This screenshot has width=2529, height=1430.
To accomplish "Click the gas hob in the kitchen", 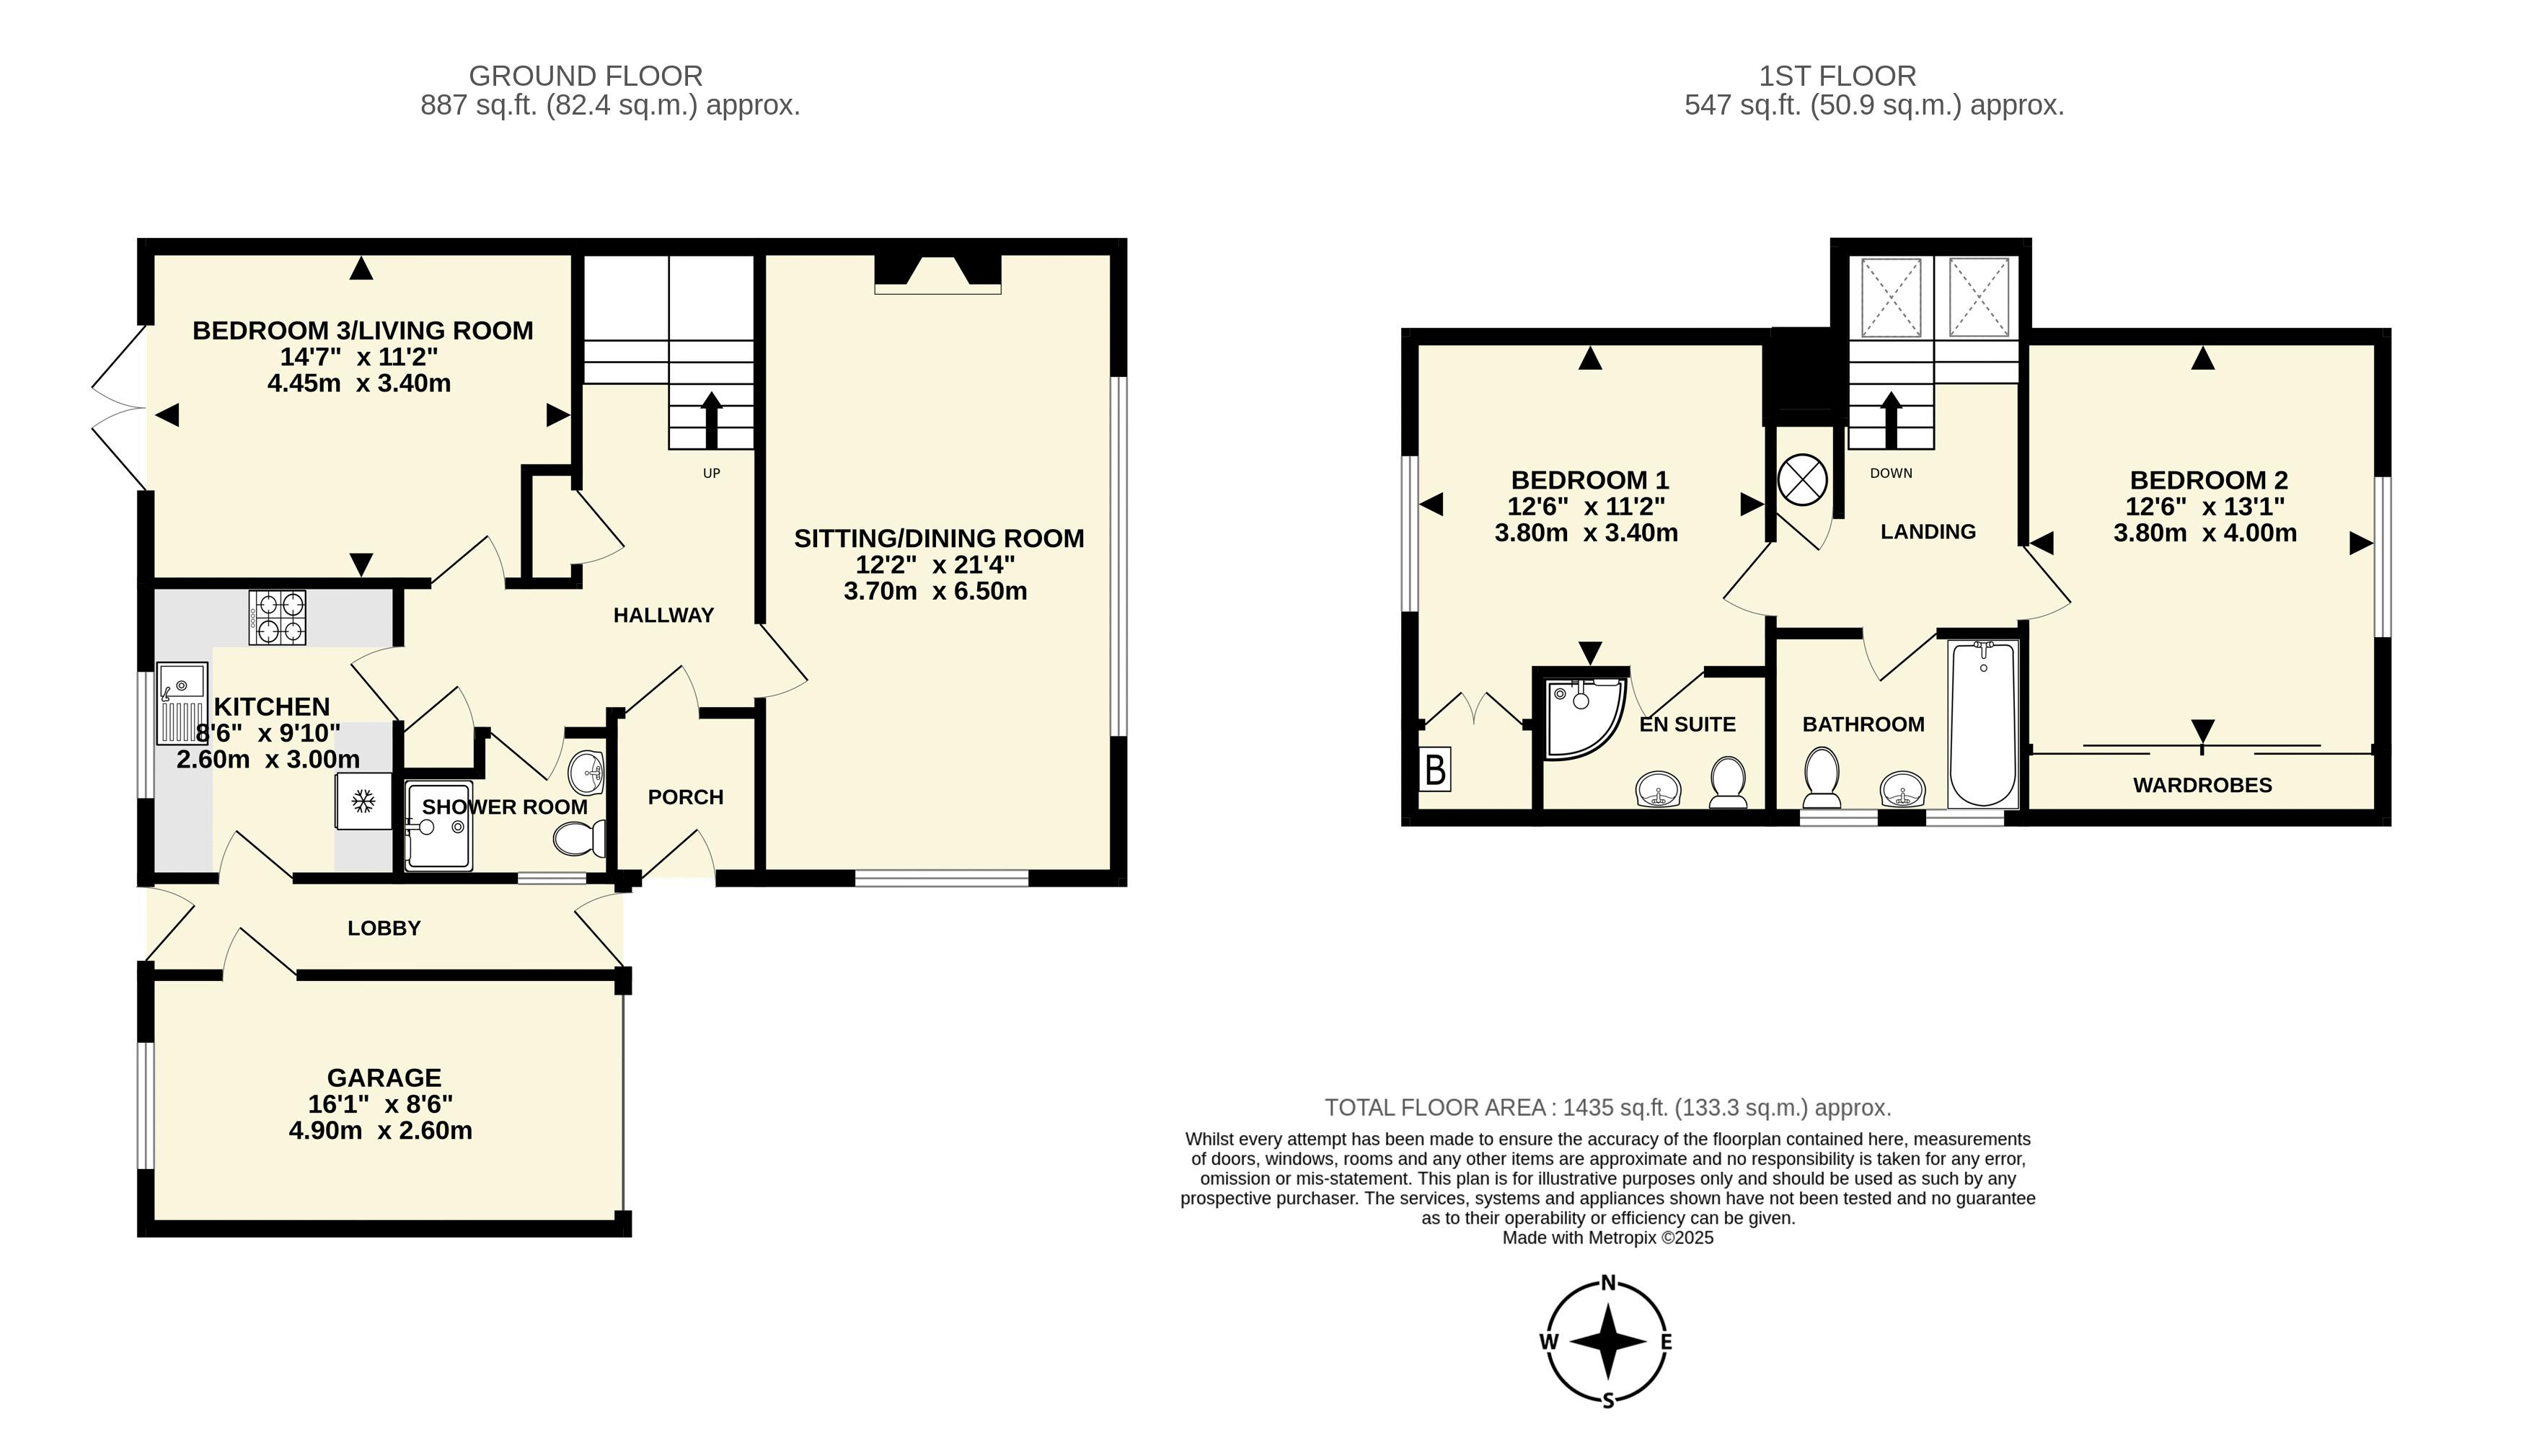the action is (x=277, y=618).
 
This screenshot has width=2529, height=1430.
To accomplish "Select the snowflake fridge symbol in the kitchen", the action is (x=363, y=801).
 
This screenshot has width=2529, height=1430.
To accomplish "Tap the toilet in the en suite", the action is (x=1729, y=782).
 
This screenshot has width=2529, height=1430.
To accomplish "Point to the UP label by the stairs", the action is (x=711, y=474).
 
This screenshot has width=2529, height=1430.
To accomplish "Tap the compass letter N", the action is (x=1608, y=1282).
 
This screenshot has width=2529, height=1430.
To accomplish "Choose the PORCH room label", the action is (x=686, y=797).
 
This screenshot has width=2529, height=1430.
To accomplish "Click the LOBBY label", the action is (x=384, y=928).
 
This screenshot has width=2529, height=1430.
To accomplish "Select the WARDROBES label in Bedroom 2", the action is (x=2203, y=785).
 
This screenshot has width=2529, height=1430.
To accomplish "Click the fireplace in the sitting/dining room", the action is (x=938, y=274).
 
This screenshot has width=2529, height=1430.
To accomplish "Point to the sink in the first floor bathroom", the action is (x=1904, y=788).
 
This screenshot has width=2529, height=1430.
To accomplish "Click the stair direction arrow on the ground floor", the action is (x=710, y=420).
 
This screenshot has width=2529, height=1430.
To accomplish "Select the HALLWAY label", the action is (x=664, y=616).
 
